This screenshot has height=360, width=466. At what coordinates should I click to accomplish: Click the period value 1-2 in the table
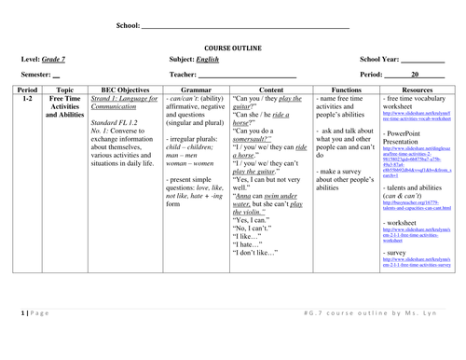pos(25,98)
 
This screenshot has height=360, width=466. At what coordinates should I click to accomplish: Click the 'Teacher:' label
pos(184,74)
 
